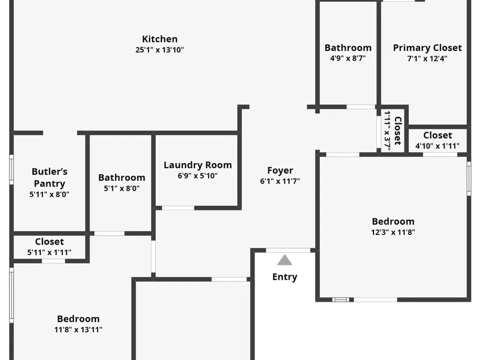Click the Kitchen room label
pyautogui.click(x=159, y=39)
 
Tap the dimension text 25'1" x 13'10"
pyautogui.click(x=159, y=49)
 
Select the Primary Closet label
pyautogui.click(x=427, y=48)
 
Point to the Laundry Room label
pyautogui.click(x=198, y=165)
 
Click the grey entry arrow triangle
pyautogui.click(x=285, y=260)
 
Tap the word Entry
pyautogui.click(x=285, y=277)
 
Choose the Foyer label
pyautogui.click(x=280, y=170)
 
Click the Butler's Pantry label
pyautogui.click(x=49, y=178)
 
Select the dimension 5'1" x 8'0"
pyautogui.click(x=122, y=188)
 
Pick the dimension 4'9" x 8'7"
pyautogui.click(x=348, y=58)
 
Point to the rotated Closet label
pyautogui.click(x=398, y=131)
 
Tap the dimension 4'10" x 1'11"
pyautogui.click(x=437, y=146)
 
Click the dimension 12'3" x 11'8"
pyautogui.click(x=393, y=232)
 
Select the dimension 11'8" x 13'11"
pyautogui.click(x=78, y=329)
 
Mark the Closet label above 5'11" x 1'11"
pyautogui.click(x=49, y=241)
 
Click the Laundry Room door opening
pyautogui.click(x=178, y=208)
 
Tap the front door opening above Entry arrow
pyautogui.click(x=288, y=251)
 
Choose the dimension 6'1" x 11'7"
pyautogui.click(x=280, y=181)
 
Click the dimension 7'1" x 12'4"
pyautogui.click(x=427, y=59)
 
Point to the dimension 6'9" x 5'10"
pyautogui.click(x=198, y=176)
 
